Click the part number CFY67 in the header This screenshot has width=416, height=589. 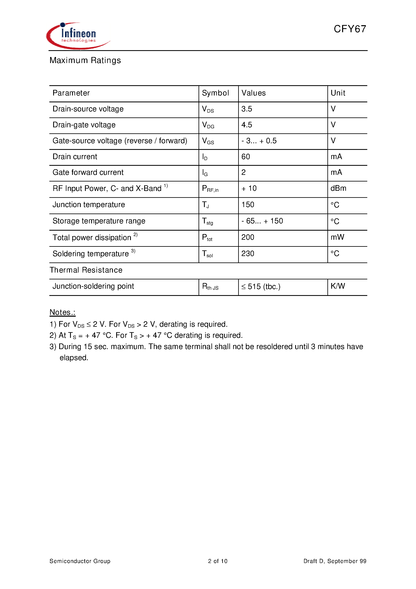click(350, 29)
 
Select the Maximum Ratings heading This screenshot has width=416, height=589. click(85, 60)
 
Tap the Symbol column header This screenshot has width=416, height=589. click(215, 93)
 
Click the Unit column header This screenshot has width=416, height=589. click(338, 93)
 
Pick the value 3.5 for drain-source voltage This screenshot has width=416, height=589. click(247, 109)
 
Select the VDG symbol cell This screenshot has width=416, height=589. click(208, 125)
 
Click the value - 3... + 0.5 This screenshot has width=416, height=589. click(259, 141)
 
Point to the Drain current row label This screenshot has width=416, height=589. click(75, 157)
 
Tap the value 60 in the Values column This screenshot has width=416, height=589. click(246, 157)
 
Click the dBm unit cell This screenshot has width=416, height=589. click(338, 188)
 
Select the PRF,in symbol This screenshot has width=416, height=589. click(210, 189)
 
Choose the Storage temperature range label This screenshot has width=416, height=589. click(99, 221)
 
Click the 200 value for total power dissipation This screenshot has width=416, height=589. click(248, 237)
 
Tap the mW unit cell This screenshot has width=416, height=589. click(337, 237)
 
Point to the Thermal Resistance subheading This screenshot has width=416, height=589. click(86, 270)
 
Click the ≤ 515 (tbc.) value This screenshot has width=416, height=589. click(261, 287)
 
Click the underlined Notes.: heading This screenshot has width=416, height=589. click(63, 312)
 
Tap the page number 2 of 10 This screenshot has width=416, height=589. click(218, 561)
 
